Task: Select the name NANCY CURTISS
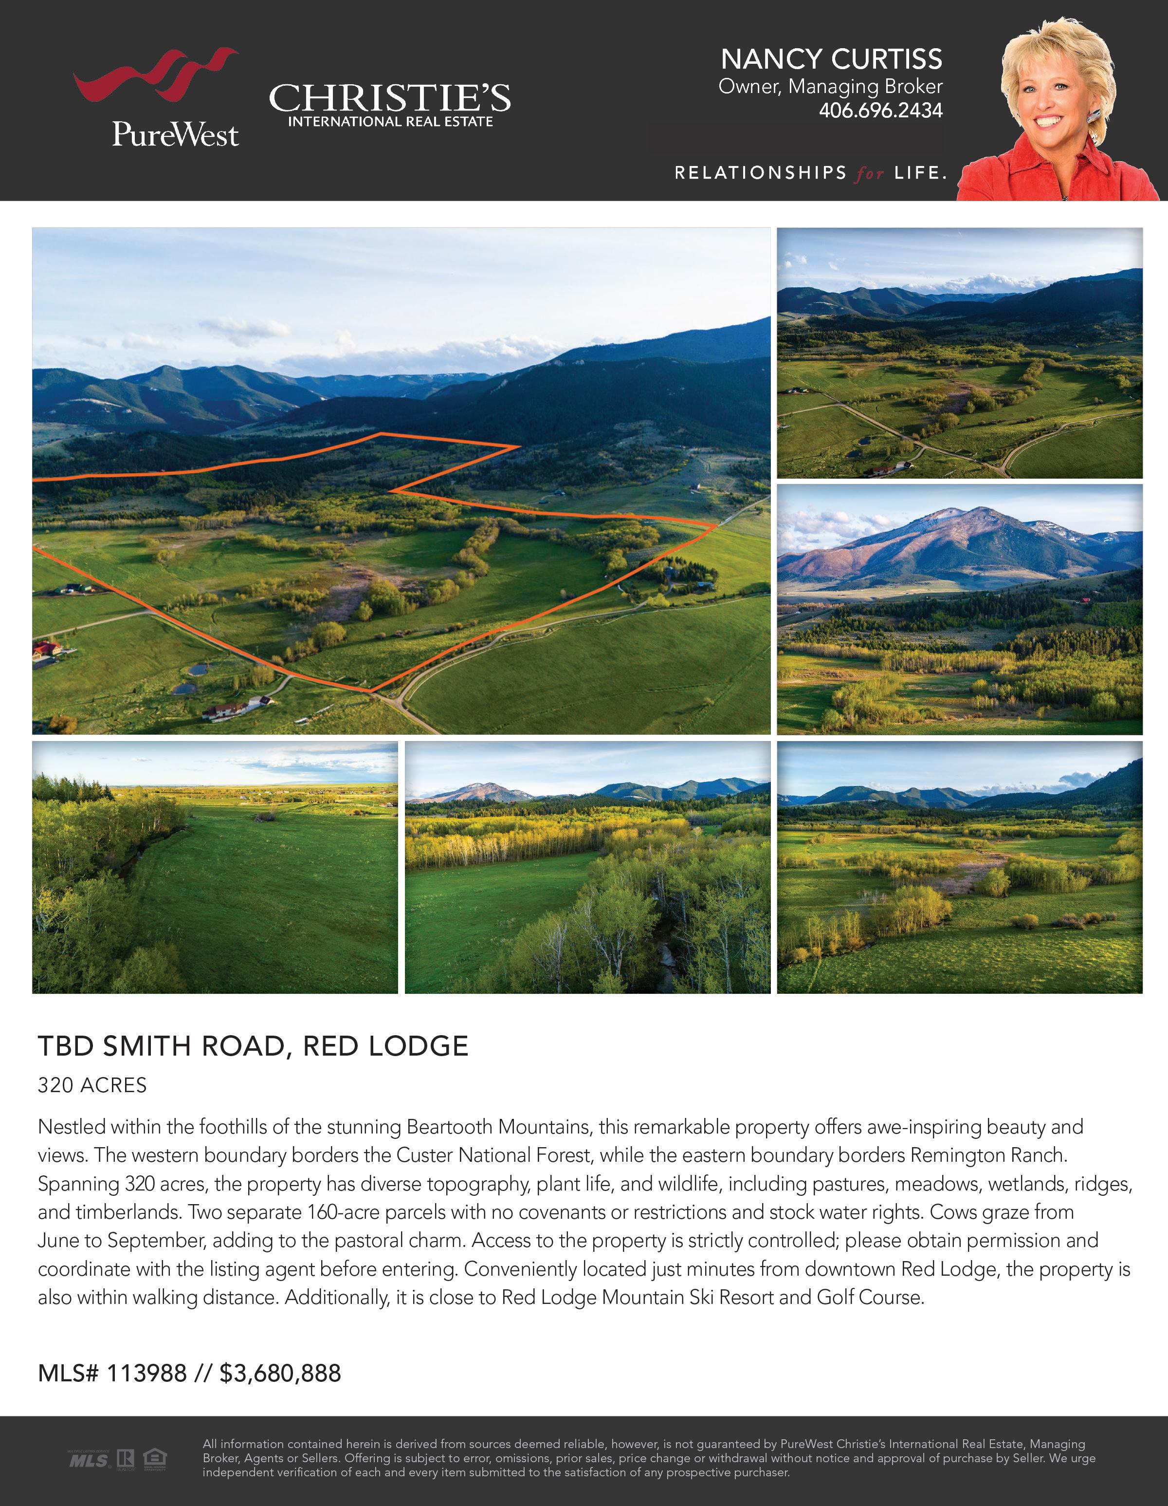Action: click(x=831, y=59)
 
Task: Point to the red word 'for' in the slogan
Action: click(x=870, y=174)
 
